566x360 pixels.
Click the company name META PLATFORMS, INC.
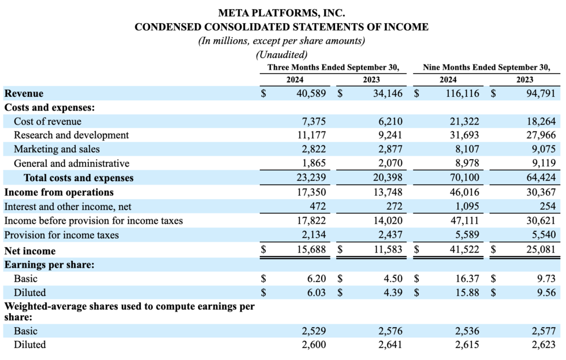281,12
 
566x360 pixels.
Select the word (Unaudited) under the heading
281,55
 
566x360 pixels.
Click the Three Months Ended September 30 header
333,67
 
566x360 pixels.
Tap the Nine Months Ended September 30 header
486,67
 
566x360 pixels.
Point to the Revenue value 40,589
311,93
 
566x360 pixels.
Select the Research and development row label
71,135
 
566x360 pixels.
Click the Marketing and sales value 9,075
541,149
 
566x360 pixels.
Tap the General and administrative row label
71,164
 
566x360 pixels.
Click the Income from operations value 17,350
311,192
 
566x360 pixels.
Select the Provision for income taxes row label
62,235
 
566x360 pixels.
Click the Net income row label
30,251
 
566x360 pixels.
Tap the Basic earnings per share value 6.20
316,278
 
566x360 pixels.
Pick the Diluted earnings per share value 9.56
546,293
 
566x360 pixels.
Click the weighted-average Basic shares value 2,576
390,331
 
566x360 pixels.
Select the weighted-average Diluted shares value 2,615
468,345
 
